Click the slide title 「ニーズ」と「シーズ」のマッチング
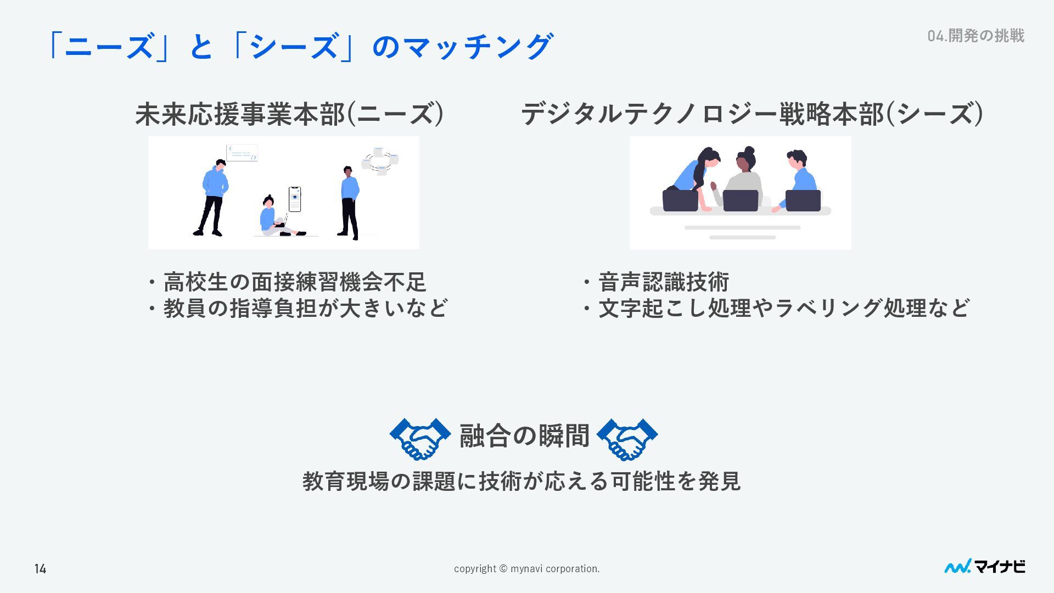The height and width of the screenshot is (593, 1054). pyautogui.click(x=299, y=46)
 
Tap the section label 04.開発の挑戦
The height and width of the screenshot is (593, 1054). pyautogui.click(x=975, y=36)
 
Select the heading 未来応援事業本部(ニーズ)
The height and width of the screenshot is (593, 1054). pyautogui.click(x=289, y=114)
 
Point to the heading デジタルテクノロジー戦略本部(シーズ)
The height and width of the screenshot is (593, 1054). pyautogui.click(x=752, y=114)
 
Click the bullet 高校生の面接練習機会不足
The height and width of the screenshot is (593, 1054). pyautogui.click(x=294, y=282)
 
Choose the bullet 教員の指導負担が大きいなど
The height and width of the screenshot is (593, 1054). pyautogui.click(x=305, y=308)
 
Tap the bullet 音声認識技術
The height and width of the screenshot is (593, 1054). pyautogui.click(x=663, y=282)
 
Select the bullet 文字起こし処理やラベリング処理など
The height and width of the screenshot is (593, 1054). pyautogui.click(x=783, y=308)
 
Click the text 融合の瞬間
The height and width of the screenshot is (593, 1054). pyautogui.click(x=524, y=436)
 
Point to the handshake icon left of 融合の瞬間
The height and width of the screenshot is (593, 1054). pyautogui.click(x=420, y=438)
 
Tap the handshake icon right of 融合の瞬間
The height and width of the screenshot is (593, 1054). pyautogui.click(x=627, y=438)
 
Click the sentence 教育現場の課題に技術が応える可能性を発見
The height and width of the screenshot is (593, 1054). pyautogui.click(x=522, y=481)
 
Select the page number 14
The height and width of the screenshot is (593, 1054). pyautogui.click(x=40, y=569)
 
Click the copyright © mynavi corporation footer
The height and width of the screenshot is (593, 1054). pyautogui.click(x=526, y=569)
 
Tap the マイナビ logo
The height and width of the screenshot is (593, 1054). pyautogui.click(x=984, y=567)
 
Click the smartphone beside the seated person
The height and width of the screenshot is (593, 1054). pyautogui.click(x=295, y=199)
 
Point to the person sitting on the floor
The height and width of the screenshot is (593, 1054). pyautogui.click(x=273, y=217)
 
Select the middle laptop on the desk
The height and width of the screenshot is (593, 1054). pyautogui.click(x=740, y=200)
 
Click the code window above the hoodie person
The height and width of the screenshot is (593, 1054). pyautogui.click(x=242, y=153)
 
